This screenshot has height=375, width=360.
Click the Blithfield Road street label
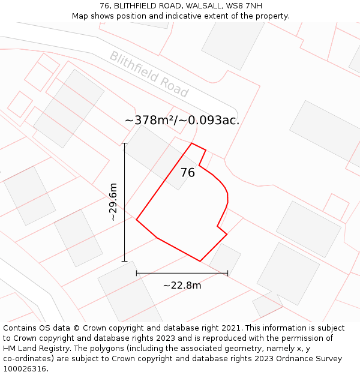pyautogui.click(x=149, y=74)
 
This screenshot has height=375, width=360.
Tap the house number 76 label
pyautogui.click(x=188, y=173)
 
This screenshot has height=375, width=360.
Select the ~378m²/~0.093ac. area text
pyautogui.click(x=182, y=120)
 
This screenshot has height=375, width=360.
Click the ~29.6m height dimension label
pyautogui.click(x=113, y=202)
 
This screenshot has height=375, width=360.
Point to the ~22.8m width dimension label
pyautogui.click(x=182, y=285)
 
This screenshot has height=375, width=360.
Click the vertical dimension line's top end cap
pyautogui.click(x=125, y=143)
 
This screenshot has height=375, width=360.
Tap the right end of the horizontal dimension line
pyautogui.click(x=227, y=273)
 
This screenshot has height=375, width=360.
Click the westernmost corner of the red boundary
pyautogui.click(x=137, y=220)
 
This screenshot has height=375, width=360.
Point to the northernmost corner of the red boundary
pyautogui.click(x=192, y=143)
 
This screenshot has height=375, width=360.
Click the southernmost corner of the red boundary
pyautogui.click(x=200, y=261)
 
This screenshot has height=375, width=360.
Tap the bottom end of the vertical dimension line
pyautogui.click(x=125, y=261)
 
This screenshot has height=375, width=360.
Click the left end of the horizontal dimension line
pyautogui.click(x=137, y=273)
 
